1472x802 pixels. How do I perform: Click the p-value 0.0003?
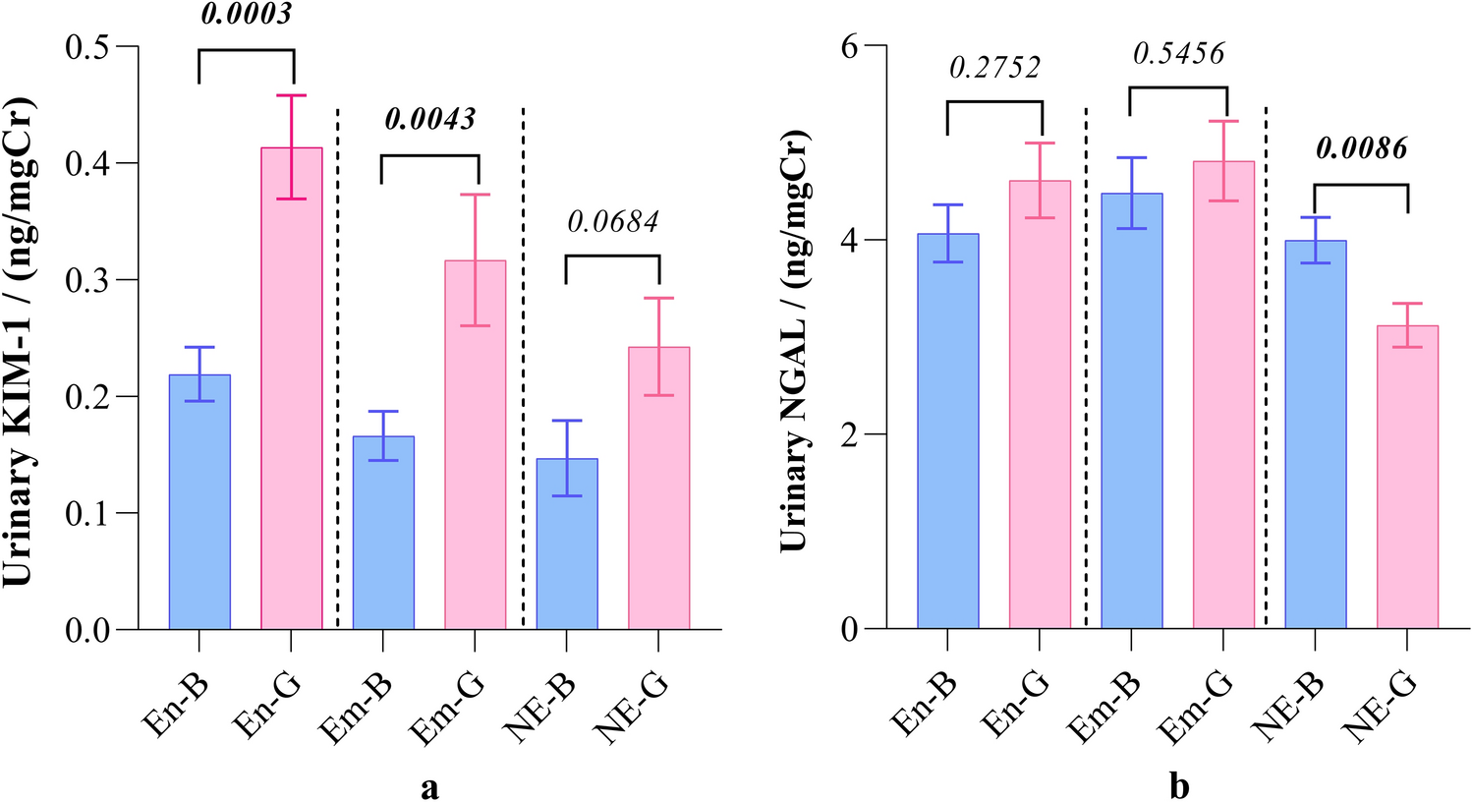coord(247,15)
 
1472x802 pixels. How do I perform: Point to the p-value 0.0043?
coord(429,120)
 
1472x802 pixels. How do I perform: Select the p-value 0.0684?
coord(612,222)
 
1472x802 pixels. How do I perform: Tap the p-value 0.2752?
coord(993,67)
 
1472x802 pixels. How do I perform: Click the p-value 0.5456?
coord(1178,53)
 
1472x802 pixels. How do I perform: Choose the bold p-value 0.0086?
coord(1361,149)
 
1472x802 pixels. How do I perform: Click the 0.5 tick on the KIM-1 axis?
coord(88,46)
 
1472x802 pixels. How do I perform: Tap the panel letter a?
coord(429,786)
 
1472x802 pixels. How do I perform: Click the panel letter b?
coord(1178,786)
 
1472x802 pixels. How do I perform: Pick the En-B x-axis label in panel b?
coord(924,706)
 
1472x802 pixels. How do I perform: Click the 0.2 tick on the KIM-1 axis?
coord(88,396)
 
